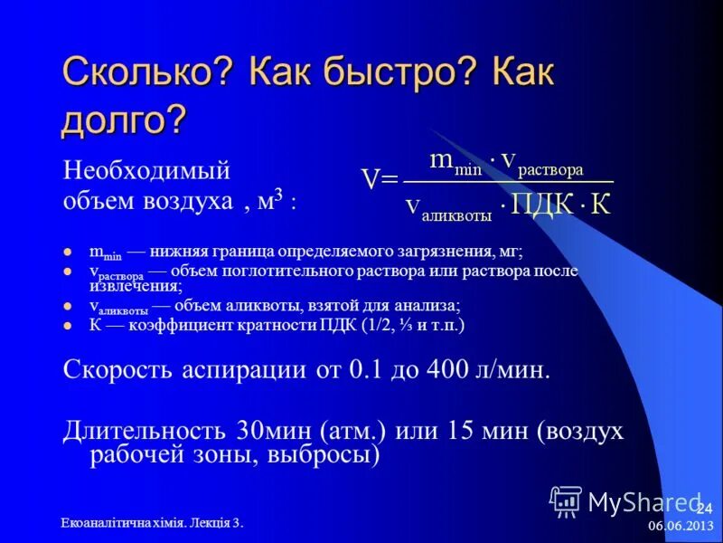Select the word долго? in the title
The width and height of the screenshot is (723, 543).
tap(124, 120)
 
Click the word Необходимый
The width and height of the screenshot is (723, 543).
tap(146, 169)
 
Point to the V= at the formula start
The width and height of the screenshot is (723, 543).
tap(380, 180)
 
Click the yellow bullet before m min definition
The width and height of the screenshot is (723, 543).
tap(70, 255)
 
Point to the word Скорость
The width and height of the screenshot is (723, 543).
tap(113, 371)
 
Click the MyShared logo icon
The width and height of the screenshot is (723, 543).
tap(567, 500)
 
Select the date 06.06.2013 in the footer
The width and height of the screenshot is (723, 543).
tap(679, 526)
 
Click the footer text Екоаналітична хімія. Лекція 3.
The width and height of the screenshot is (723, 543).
tap(152, 523)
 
